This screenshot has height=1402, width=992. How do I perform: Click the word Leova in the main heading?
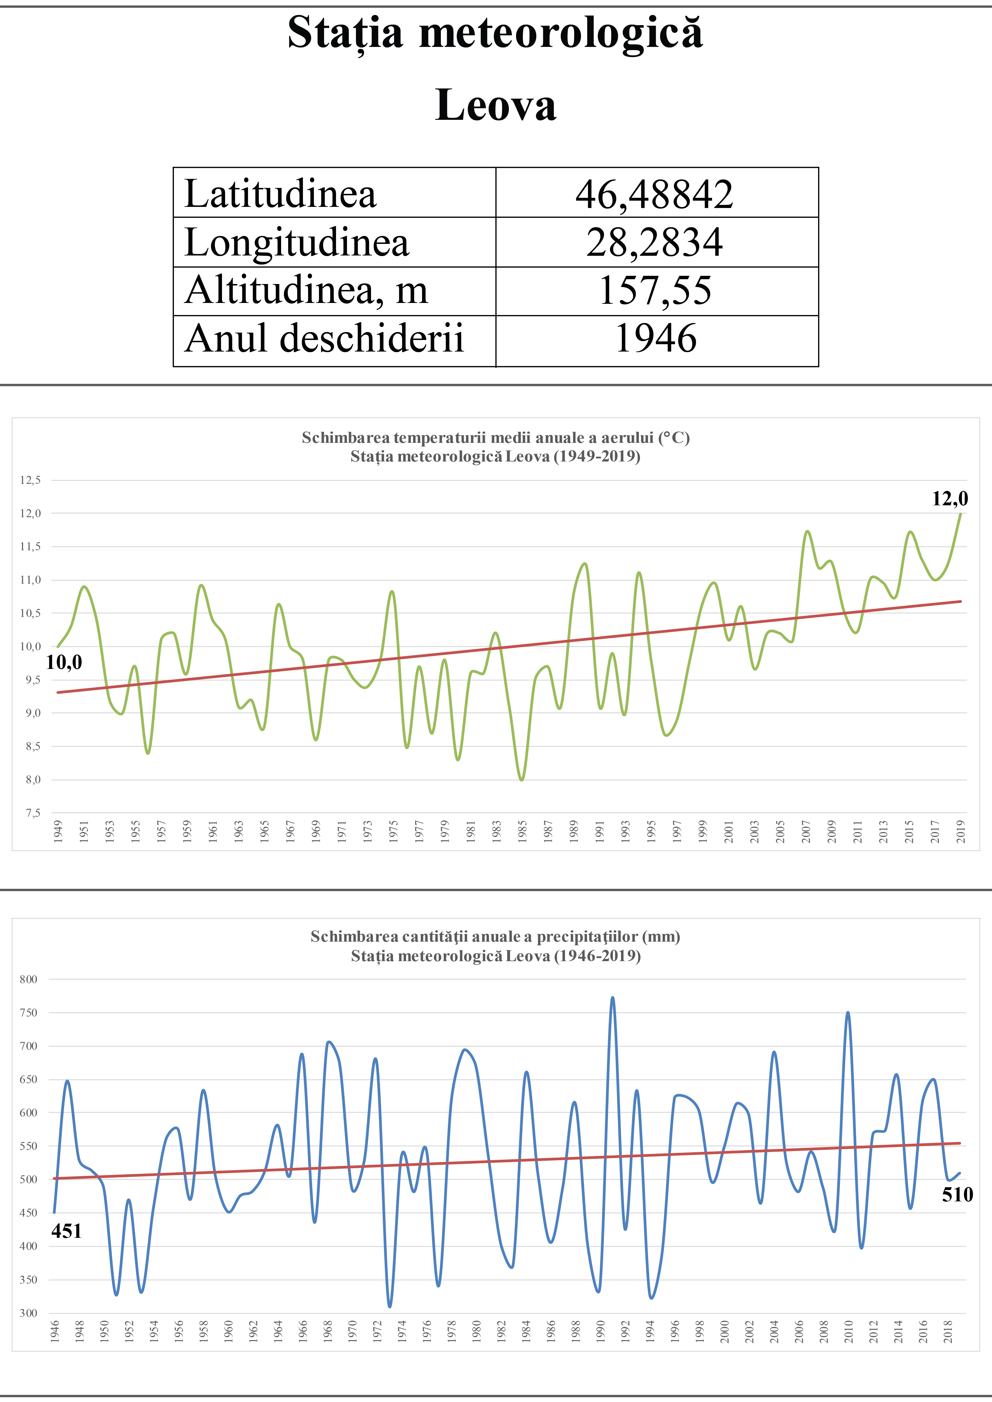click(495, 105)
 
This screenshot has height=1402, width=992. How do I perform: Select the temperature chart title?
click(495, 446)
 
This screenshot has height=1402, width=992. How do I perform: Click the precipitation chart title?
click(495, 946)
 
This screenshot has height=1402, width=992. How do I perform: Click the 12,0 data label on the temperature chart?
click(950, 499)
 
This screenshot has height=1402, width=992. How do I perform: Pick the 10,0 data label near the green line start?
click(64, 662)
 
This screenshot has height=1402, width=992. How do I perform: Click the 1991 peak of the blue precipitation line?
click(613, 998)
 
